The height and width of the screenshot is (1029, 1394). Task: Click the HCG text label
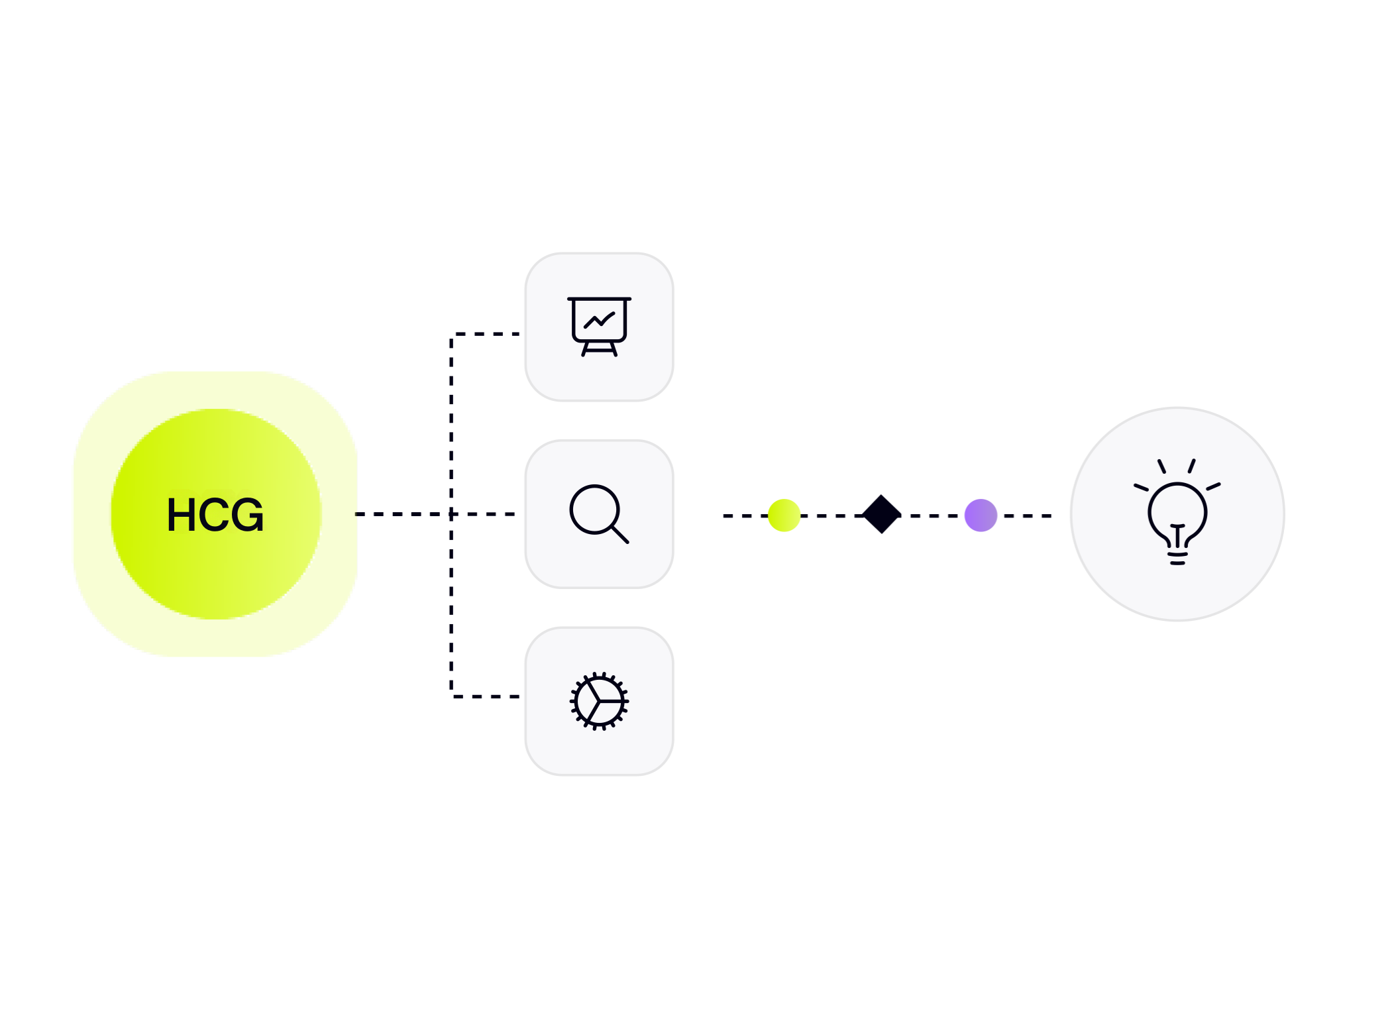[x=215, y=515]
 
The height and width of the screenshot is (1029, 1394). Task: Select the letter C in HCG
[x=215, y=515]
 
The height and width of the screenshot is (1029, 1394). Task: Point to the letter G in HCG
[x=248, y=515]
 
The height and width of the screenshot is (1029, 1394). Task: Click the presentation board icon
[x=599, y=326]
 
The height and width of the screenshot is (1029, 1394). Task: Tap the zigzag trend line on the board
[x=599, y=321]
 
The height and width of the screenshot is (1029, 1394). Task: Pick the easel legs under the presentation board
[x=599, y=349]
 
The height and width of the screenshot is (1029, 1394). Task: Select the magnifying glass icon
[x=599, y=514]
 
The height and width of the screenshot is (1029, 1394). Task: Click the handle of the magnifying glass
[x=619, y=534]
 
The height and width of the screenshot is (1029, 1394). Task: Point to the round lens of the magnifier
[x=594, y=509]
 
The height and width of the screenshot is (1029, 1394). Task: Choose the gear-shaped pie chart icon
[x=599, y=701]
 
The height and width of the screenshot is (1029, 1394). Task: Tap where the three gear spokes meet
[x=599, y=700]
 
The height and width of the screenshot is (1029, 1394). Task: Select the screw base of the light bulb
[x=1177, y=557]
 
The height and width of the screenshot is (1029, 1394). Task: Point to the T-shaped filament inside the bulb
[x=1177, y=533]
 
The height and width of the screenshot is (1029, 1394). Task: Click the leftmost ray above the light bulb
[x=1141, y=488]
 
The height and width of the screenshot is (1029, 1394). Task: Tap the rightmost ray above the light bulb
[x=1214, y=487]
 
